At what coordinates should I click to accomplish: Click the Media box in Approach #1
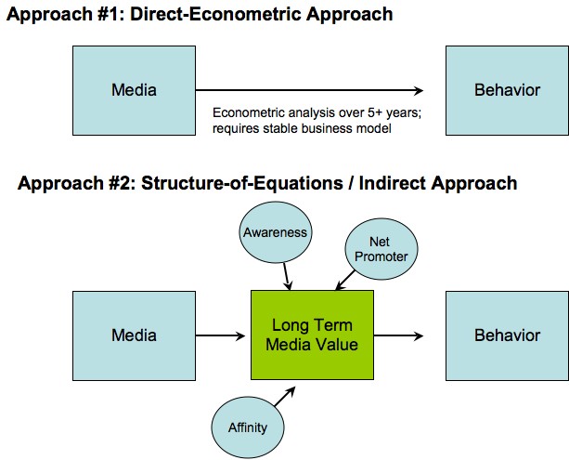134,90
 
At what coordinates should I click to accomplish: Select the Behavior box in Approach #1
508,90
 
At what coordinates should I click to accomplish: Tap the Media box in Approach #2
134,335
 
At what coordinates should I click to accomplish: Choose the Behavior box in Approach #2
508,335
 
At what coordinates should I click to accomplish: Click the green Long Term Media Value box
312,335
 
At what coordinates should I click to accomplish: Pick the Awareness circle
276,232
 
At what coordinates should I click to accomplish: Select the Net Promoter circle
381,249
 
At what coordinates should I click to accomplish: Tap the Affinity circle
248,427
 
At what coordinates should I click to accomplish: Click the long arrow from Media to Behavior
309,90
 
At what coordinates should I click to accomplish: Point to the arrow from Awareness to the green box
288,277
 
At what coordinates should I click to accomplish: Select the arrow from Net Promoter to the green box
345,281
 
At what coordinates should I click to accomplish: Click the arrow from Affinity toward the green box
285,397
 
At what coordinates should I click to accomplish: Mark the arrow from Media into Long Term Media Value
220,335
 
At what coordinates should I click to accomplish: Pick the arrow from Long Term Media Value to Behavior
398,335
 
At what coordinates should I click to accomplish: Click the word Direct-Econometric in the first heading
215,15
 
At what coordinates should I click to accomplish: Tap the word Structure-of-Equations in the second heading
241,183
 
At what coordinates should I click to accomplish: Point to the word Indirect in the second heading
392,183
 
